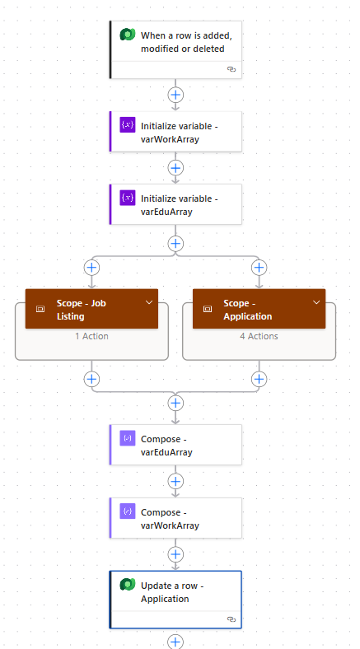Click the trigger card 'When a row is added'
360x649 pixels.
click(175, 49)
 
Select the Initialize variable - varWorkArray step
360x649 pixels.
click(175, 132)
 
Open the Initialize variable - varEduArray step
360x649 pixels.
click(175, 204)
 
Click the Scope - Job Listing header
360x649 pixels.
click(91, 309)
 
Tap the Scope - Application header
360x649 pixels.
click(259, 309)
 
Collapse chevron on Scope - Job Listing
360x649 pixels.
click(149, 302)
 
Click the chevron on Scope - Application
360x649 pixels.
click(316, 302)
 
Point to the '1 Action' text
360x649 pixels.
click(92, 336)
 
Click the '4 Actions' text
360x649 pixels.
click(259, 336)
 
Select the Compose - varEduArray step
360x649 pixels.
click(175, 445)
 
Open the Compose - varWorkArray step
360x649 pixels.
click(175, 518)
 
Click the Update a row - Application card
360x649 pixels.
click(175, 600)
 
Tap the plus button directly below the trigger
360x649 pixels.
click(175, 95)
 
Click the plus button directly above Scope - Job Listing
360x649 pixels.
click(91, 268)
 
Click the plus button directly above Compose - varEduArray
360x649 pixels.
click(175, 402)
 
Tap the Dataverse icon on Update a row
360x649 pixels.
click(128, 585)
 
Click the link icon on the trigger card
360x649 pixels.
click(231, 69)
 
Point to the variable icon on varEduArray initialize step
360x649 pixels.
click(128, 198)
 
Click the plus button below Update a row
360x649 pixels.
click(175, 642)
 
